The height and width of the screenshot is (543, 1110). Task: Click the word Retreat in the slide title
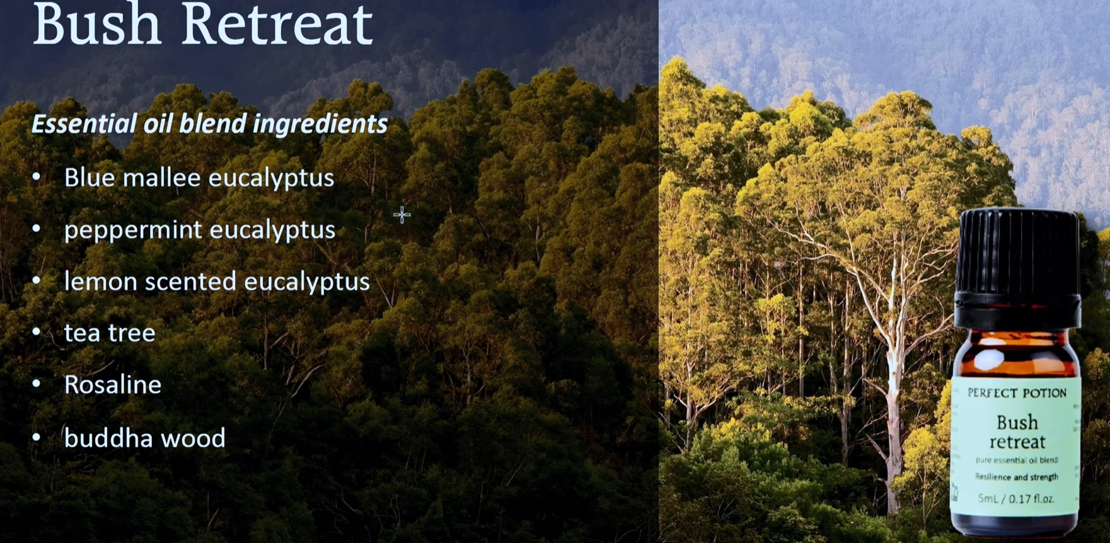[278, 25]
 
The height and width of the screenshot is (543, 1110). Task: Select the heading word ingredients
[320, 124]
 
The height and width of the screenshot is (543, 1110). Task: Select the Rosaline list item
[113, 385]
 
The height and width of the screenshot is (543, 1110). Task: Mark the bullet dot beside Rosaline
[37, 384]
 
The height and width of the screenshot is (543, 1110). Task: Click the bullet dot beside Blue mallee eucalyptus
[37, 177]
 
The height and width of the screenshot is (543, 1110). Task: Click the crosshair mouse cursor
[402, 215]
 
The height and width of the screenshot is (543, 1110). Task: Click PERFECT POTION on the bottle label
[1017, 393]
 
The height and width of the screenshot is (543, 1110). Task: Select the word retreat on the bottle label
[1017, 442]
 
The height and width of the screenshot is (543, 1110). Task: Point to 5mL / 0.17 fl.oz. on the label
[1015, 499]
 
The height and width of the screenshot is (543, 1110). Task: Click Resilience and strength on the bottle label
[1016, 477]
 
